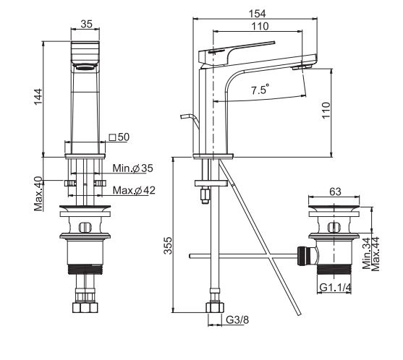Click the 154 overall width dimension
pos(258,13)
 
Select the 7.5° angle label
pos(260,89)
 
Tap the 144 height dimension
pos(38,97)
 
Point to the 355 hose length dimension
pos(168,246)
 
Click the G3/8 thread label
pos(237,320)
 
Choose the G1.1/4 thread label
pos(335,288)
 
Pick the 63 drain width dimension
pos(335,192)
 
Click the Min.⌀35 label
pos(132,168)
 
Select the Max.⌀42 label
pos(134,190)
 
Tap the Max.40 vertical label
pos(38,194)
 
